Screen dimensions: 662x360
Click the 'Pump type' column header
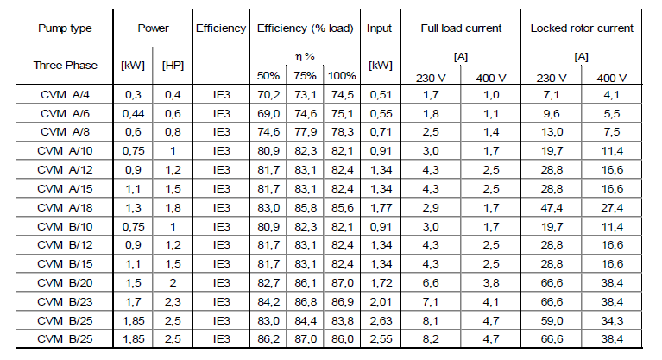[x=65, y=28]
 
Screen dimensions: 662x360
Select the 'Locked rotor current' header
[x=582, y=28]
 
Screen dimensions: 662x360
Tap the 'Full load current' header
[x=461, y=28]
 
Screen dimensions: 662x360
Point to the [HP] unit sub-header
[x=173, y=66]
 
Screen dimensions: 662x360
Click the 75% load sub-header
[x=306, y=76]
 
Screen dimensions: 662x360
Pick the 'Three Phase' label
[x=66, y=66]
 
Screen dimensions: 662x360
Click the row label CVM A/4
[x=65, y=95]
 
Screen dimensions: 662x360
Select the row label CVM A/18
[x=65, y=208]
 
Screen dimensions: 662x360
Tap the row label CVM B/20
[x=65, y=283]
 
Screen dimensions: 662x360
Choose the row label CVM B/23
[x=65, y=302]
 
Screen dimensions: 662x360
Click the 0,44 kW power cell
[x=133, y=114]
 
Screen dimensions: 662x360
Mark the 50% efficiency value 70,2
[x=268, y=95]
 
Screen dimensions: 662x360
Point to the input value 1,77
[x=381, y=208]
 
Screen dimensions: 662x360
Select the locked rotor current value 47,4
[x=552, y=208]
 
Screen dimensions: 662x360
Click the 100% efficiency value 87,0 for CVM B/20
[x=343, y=283]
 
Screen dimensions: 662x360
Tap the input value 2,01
[x=381, y=302]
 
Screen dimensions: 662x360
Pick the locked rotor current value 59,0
[x=552, y=321]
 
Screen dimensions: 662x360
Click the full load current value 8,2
[x=430, y=339]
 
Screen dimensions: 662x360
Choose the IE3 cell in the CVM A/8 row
[x=222, y=132]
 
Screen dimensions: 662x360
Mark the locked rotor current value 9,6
[x=552, y=114]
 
